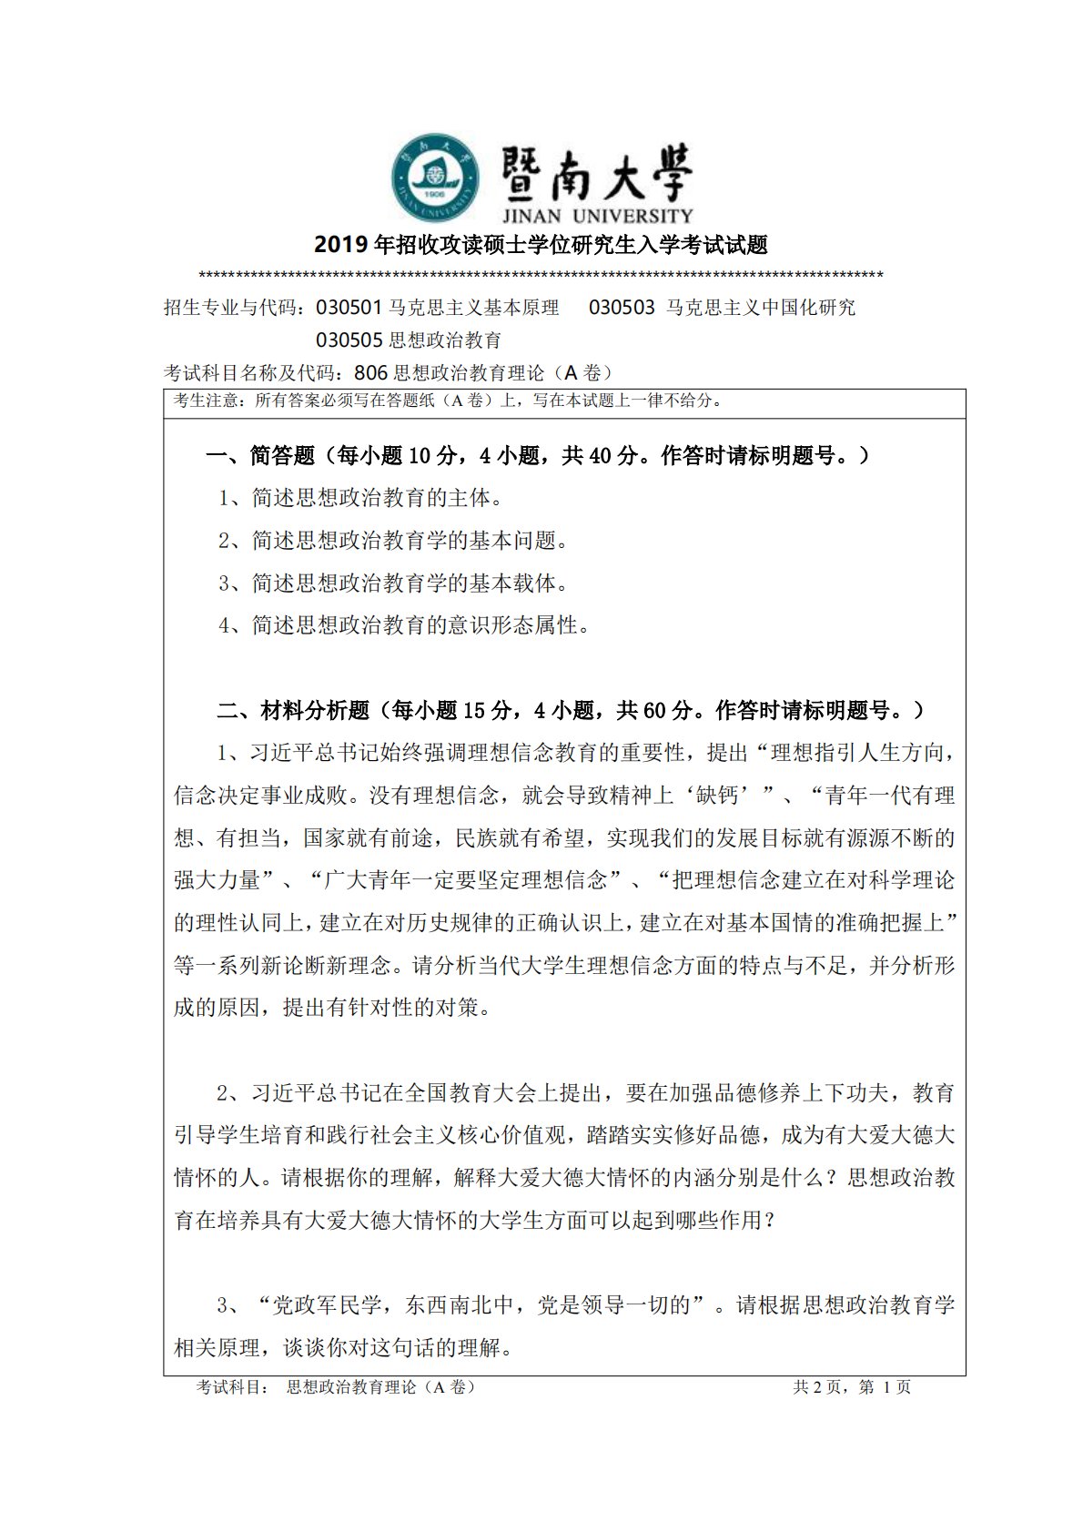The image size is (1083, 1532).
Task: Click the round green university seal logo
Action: pos(435,178)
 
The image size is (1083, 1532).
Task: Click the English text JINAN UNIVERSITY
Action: pos(596,217)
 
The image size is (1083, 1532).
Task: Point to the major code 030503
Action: pos(622,308)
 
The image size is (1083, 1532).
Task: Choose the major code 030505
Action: pos(349,340)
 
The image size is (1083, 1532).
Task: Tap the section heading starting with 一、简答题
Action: pos(537,455)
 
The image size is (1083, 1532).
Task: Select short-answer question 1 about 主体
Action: pos(360,498)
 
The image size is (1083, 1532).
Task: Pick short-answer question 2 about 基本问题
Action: pos(393,541)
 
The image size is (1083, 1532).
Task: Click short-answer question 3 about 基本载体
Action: pos(393,583)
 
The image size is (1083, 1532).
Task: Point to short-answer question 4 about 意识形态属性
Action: pos(404,625)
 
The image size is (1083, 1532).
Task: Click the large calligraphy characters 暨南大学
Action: pos(596,173)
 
